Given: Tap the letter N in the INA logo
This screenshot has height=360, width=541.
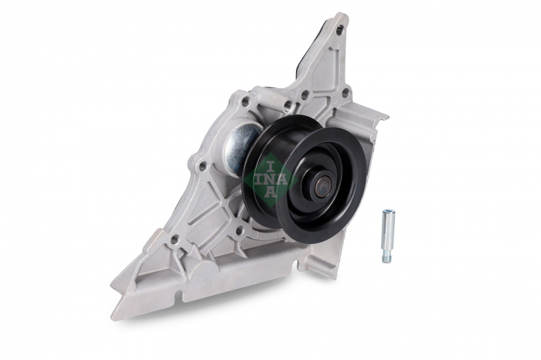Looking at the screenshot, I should tap(270, 180).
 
